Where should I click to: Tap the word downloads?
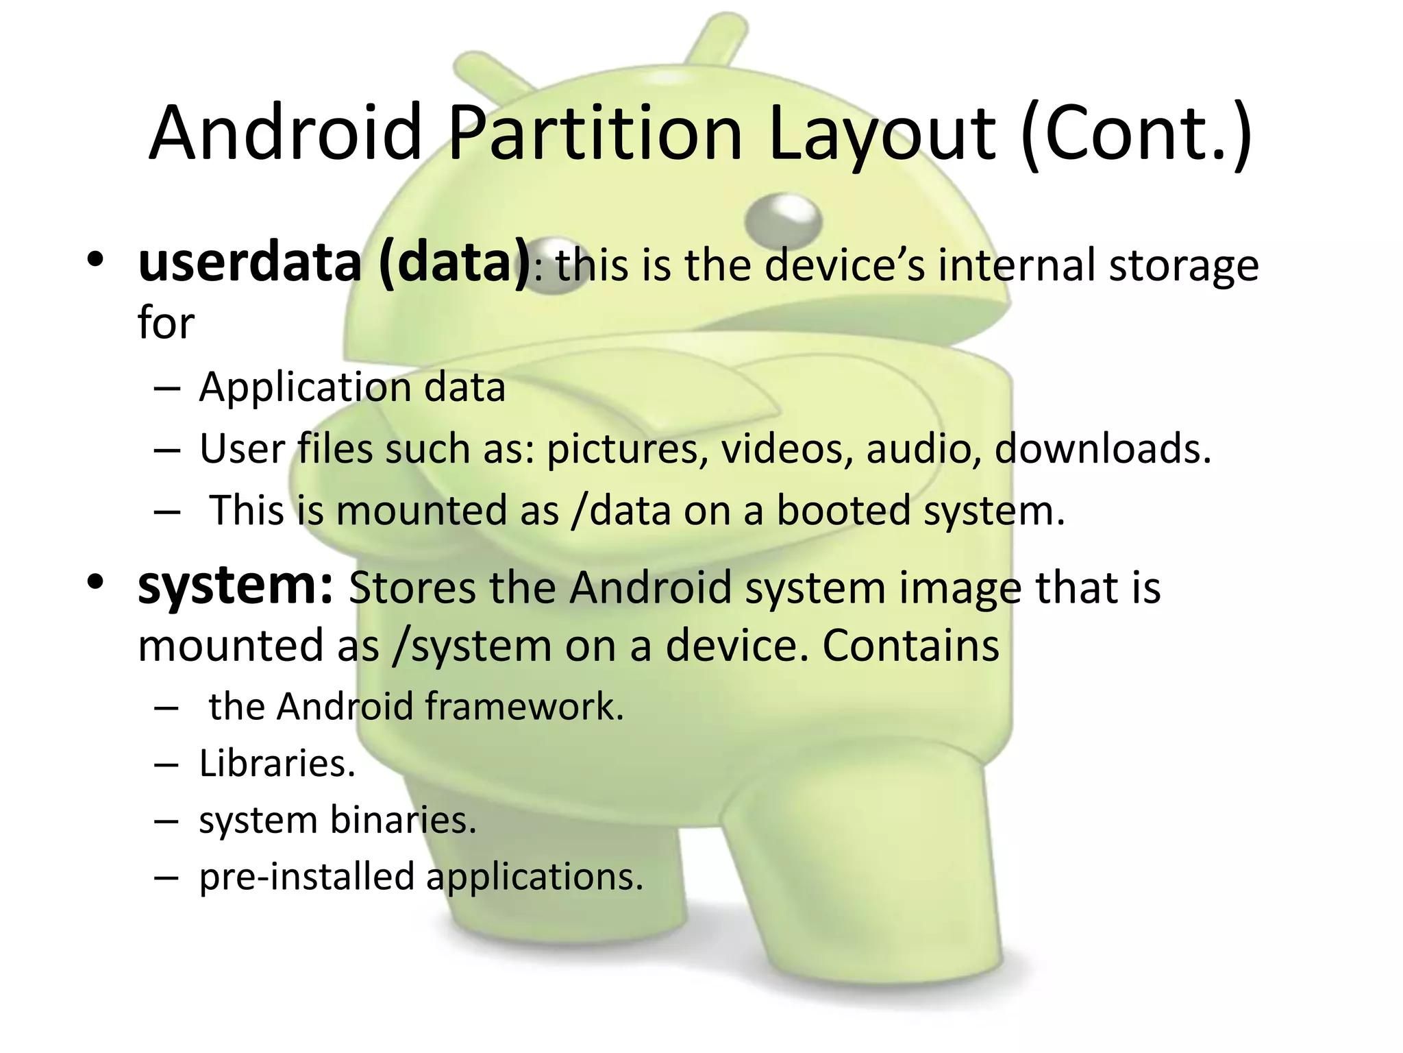point(1102,449)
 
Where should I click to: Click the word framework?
point(524,706)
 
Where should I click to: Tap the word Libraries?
point(277,764)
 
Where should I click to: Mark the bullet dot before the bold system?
point(95,583)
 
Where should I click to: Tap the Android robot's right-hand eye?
point(782,218)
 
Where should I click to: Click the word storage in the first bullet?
point(1183,265)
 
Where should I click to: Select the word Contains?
point(910,646)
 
